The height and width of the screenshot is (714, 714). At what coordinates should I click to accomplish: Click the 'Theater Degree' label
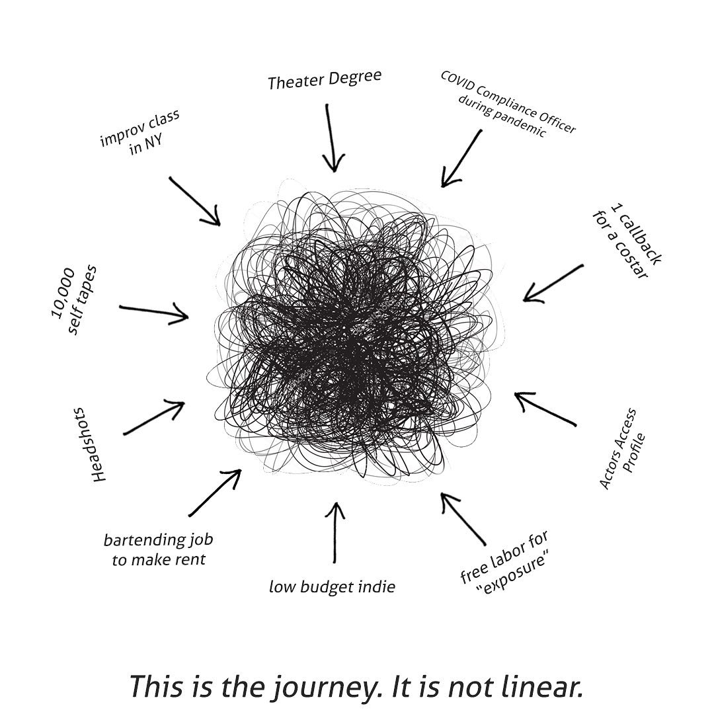pyautogui.click(x=324, y=80)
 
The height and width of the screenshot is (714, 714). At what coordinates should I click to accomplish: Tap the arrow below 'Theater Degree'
pyautogui.click(x=331, y=138)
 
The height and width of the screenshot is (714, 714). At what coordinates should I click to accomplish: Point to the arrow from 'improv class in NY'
pyautogui.click(x=194, y=201)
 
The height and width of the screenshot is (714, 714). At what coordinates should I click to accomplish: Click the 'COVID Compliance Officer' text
pyautogui.click(x=508, y=102)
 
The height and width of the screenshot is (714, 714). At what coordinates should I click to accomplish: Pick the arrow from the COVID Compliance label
pyautogui.click(x=461, y=159)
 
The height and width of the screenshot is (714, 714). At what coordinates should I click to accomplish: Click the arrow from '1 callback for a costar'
pyautogui.click(x=553, y=283)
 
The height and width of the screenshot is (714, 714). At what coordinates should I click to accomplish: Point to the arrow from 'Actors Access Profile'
pyautogui.click(x=545, y=409)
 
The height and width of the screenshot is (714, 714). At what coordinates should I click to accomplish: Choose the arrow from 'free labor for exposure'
pyautogui.click(x=463, y=519)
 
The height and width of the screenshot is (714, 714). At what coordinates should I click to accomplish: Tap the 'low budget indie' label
pyautogui.click(x=332, y=586)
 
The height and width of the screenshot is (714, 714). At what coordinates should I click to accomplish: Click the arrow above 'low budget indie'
pyautogui.click(x=335, y=532)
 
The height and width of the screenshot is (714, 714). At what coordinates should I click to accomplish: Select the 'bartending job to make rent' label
pyautogui.click(x=159, y=549)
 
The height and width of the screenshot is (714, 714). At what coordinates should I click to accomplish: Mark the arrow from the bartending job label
pyautogui.click(x=215, y=493)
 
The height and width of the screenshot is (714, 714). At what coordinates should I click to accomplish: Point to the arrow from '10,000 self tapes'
pyautogui.click(x=154, y=312)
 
